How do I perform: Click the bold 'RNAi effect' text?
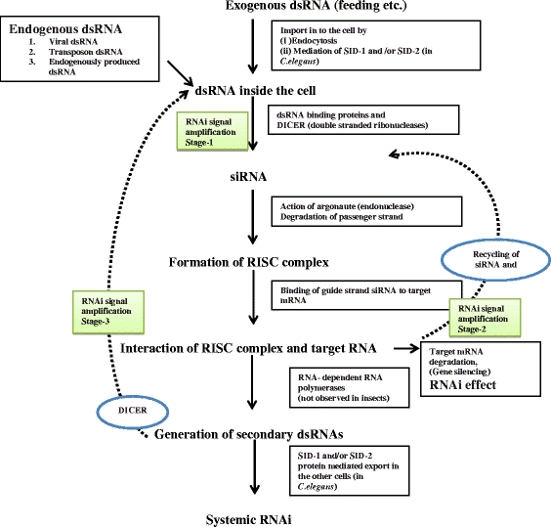tap(468, 383)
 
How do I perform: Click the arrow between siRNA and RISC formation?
tap(253, 221)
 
